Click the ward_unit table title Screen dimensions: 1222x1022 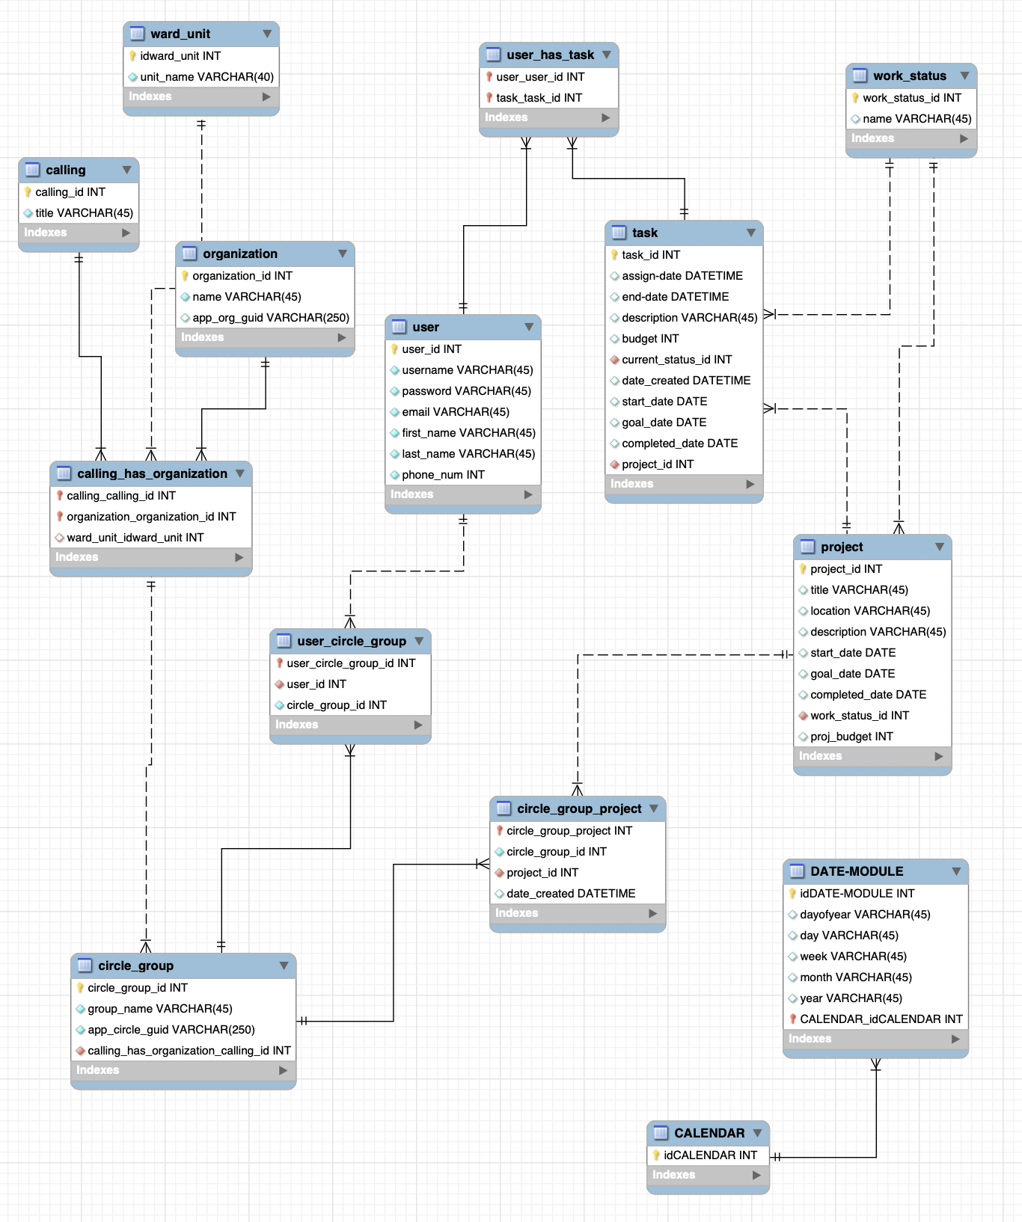(x=180, y=34)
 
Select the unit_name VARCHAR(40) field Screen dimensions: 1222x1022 (x=206, y=76)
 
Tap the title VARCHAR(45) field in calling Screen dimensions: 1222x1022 (x=84, y=212)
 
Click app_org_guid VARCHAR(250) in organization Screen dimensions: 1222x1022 (x=270, y=317)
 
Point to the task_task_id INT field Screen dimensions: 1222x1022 (x=539, y=97)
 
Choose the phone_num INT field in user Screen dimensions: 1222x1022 (x=443, y=474)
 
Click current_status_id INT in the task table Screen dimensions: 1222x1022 (x=676, y=359)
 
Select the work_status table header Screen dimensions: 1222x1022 (x=909, y=76)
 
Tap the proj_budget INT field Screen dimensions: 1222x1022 (x=851, y=736)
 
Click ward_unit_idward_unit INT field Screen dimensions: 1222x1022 (x=135, y=537)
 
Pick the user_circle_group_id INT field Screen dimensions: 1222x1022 (x=351, y=663)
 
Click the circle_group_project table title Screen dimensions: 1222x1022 (x=579, y=808)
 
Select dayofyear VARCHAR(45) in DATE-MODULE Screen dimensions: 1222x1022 (x=865, y=914)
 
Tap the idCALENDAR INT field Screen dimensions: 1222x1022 (x=710, y=1155)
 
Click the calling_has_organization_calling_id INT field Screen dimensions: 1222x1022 (x=189, y=1050)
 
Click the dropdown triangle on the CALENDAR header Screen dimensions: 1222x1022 (x=758, y=1133)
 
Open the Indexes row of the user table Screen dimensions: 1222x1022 (x=462, y=494)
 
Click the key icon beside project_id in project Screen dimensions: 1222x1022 (x=803, y=569)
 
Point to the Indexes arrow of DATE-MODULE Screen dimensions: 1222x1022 (x=955, y=1039)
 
